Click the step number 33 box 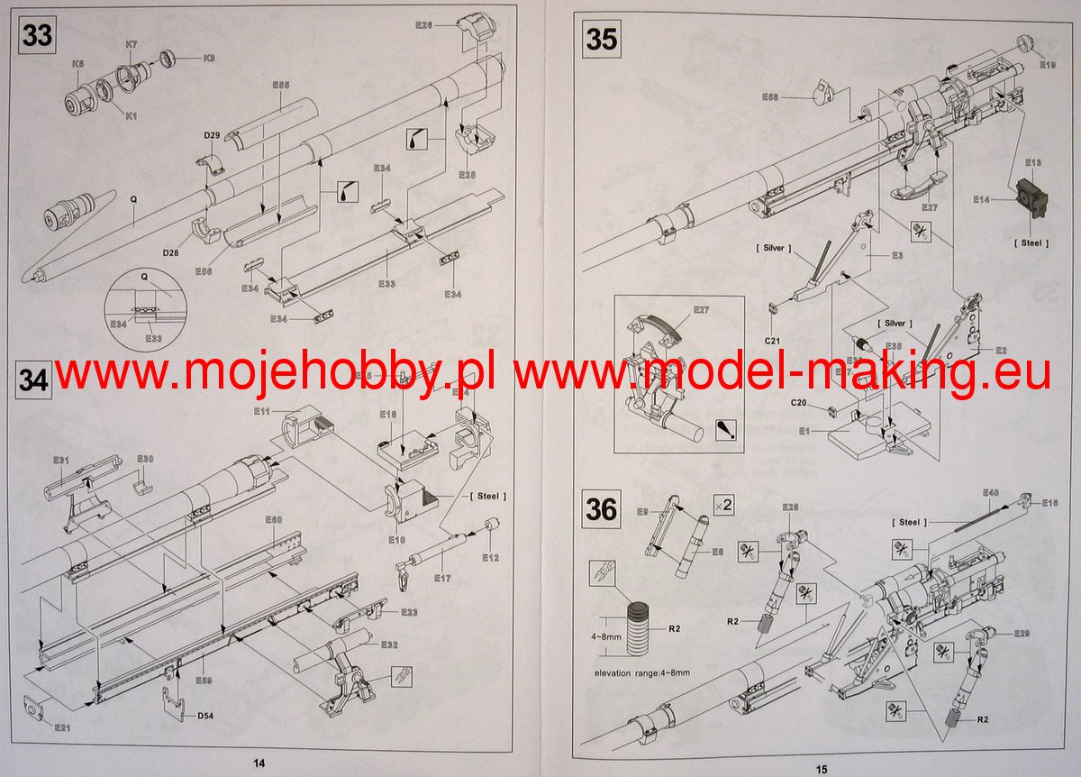click(36, 38)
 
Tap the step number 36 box click(601, 510)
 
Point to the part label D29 click(212, 135)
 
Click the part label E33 click(386, 283)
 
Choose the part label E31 click(60, 461)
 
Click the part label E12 click(490, 557)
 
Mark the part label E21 click(61, 727)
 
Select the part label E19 click(1047, 65)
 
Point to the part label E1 click(804, 431)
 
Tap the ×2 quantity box click(722, 505)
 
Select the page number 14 click(259, 763)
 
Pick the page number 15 click(821, 768)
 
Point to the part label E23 click(410, 612)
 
